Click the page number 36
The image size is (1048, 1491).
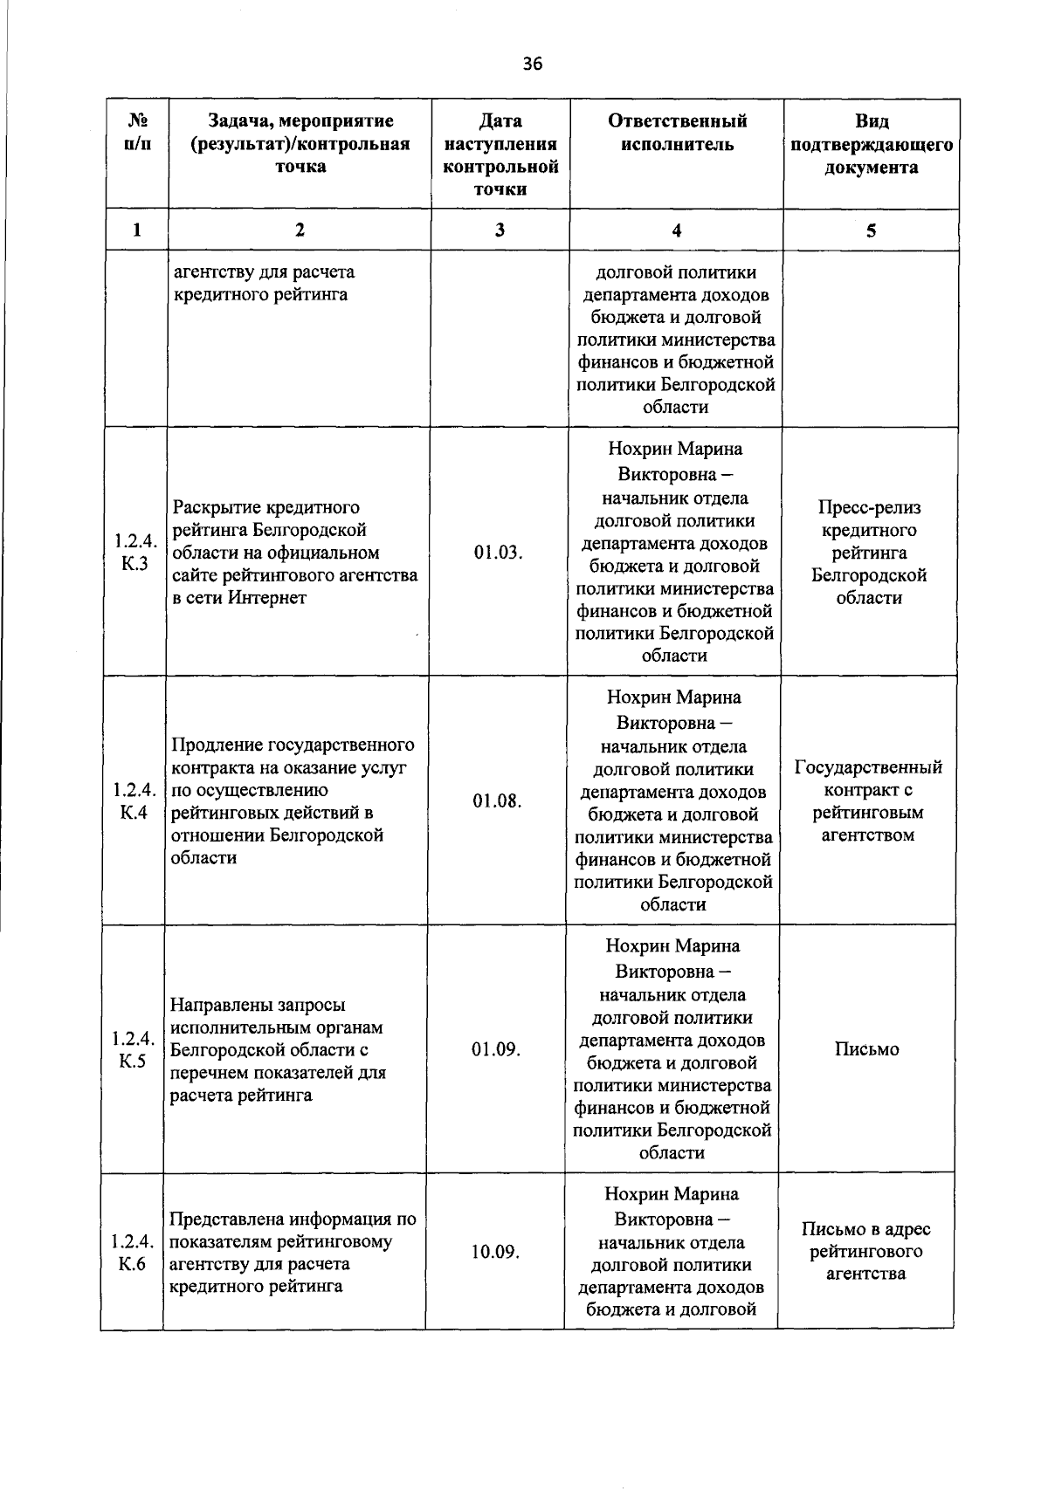532,63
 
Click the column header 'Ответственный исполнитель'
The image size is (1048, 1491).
677,133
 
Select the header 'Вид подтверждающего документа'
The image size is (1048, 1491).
871,144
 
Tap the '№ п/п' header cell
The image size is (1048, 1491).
136,133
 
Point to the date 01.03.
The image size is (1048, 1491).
499,553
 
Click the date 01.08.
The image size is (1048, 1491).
498,801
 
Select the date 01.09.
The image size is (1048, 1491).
496,1050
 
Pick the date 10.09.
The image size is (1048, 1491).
495,1253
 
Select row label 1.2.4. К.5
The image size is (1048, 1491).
133,1050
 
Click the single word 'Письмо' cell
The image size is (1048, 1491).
866,1050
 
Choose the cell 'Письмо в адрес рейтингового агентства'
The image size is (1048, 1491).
866,1252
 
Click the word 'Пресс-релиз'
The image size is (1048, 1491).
870,508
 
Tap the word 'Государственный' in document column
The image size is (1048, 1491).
868,768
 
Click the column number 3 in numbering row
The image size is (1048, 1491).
499,230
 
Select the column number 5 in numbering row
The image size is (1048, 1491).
871,230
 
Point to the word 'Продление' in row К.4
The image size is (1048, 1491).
210,745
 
